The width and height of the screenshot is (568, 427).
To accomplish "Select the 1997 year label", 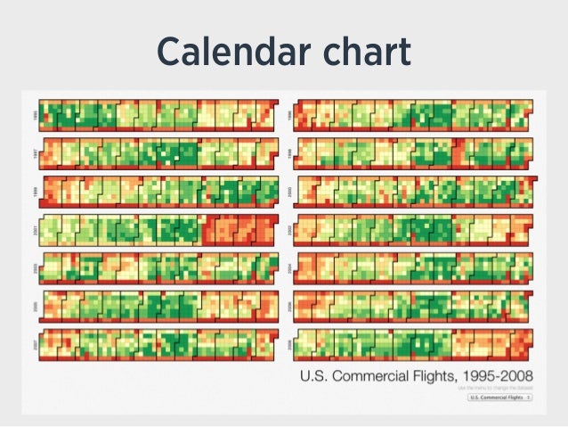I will [x=36, y=152].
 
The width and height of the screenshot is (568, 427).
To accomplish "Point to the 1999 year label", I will [x=36, y=191].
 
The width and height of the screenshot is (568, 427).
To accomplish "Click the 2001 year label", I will [x=36, y=229].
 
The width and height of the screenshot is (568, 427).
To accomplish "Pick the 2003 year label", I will [x=36, y=267].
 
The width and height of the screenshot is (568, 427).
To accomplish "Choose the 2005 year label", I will [x=36, y=306].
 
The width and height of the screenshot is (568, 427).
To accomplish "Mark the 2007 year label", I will [x=36, y=344].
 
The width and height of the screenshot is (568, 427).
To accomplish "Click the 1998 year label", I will [x=289, y=152].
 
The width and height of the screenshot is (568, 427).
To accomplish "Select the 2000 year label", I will [x=289, y=191].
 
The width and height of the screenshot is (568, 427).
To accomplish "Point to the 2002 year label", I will [x=289, y=229].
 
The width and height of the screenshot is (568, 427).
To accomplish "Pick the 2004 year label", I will [x=289, y=267].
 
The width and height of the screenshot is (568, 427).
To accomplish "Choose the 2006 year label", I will [x=289, y=306].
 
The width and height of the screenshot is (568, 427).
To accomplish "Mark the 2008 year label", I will [x=289, y=344].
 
